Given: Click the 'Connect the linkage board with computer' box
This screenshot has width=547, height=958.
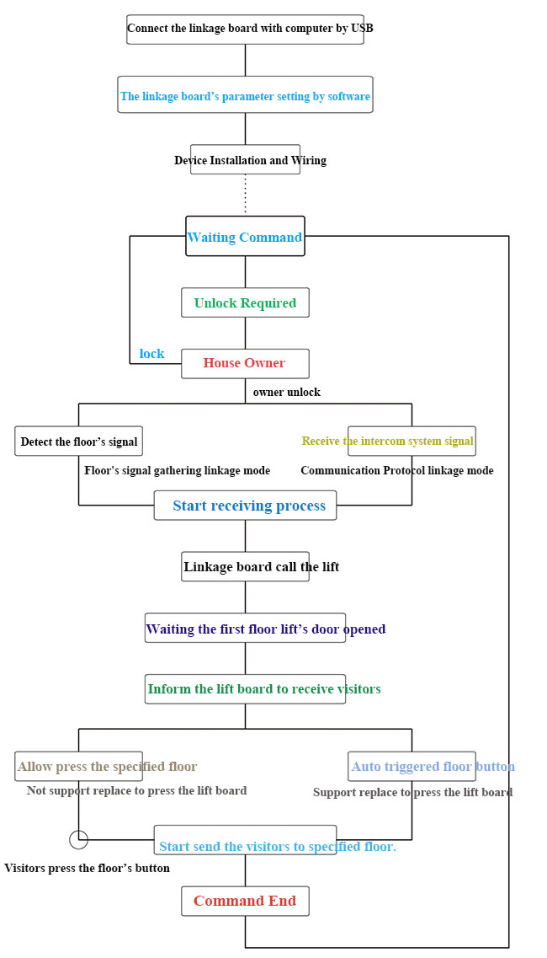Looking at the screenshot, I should click(245, 29).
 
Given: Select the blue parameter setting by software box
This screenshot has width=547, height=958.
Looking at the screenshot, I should click(245, 96).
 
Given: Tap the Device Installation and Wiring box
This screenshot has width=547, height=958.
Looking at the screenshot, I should click(245, 160).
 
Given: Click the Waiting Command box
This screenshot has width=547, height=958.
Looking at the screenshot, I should click(245, 237).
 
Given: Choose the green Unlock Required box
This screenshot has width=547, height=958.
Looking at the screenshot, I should click(245, 302).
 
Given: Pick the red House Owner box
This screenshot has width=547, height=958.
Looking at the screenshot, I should click(245, 363).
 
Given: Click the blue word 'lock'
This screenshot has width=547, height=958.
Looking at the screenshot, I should click(151, 354).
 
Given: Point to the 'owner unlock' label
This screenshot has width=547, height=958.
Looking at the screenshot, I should click(286, 392).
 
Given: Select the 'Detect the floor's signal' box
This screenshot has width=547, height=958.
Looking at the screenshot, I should click(78, 442).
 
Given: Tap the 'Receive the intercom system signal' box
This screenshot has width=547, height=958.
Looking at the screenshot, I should click(412, 441).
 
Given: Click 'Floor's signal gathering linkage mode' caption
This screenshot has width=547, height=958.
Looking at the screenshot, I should click(177, 470).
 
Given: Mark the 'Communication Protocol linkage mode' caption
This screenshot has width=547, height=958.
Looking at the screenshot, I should click(396, 470).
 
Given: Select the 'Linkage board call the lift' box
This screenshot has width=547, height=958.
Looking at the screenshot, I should click(245, 566).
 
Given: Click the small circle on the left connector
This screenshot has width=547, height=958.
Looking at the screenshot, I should click(78, 839).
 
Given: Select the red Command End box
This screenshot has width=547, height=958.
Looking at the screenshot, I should click(245, 901).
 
